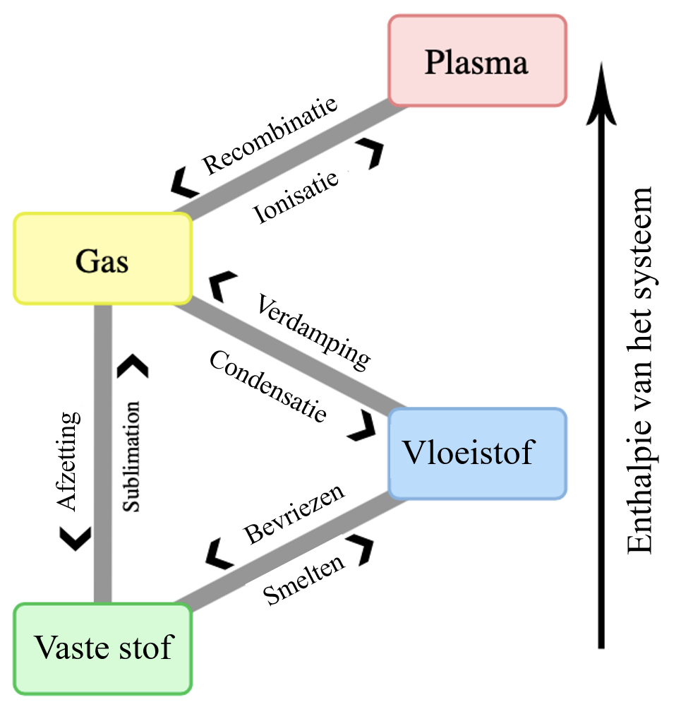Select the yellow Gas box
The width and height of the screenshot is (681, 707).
click(103, 259)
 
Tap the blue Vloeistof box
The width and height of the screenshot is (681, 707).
click(477, 453)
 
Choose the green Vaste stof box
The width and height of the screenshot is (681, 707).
click(103, 648)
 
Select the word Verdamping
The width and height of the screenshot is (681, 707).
click(312, 331)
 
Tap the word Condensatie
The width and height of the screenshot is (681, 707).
click(268, 386)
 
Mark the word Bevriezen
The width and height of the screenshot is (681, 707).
click(294, 513)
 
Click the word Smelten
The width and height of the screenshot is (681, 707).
click(305, 581)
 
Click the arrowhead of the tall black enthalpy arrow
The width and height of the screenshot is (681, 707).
click(601, 92)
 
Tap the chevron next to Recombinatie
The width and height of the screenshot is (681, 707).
click(185, 185)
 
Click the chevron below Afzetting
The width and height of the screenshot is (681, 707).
click(76, 538)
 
